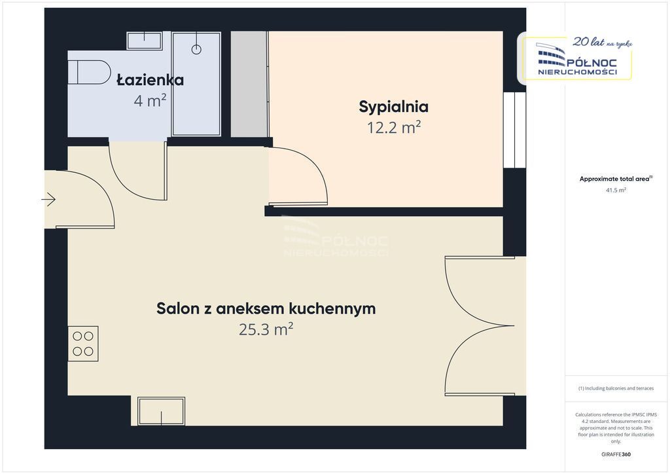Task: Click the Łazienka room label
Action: pyautogui.click(x=150, y=81)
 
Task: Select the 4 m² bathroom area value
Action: pyautogui.click(x=150, y=101)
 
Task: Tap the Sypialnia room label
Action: pyautogui.click(x=393, y=106)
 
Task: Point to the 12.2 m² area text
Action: pyautogui.click(x=393, y=127)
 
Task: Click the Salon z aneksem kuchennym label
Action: pyautogui.click(x=266, y=308)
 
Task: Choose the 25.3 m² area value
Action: pyautogui.click(x=266, y=329)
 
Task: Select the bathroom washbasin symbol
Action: pyautogui.click(x=144, y=41)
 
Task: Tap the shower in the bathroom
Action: pyautogui.click(x=196, y=83)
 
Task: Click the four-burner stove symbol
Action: pyautogui.click(x=83, y=344)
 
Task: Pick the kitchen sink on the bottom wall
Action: pyautogui.click(x=161, y=411)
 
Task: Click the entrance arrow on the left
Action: pyautogui.click(x=49, y=199)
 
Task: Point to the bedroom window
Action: pyautogui.click(x=514, y=130)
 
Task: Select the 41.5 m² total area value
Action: pyautogui.click(x=616, y=190)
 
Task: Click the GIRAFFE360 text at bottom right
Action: pyautogui.click(x=616, y=454)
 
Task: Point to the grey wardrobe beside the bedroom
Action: pyautogui.click(x=249, y=84)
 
